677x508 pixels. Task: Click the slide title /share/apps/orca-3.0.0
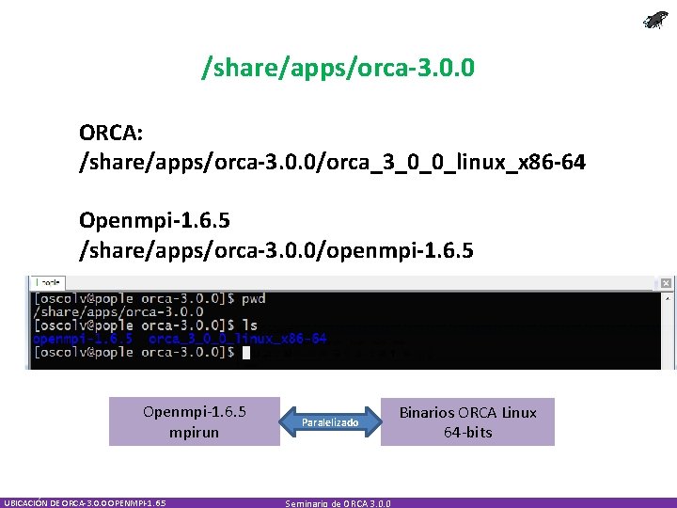click(x=338, y=68)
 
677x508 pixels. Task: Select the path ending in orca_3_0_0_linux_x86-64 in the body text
click(x=332, y=164)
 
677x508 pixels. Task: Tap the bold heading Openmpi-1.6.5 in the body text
click(x=154, y=221)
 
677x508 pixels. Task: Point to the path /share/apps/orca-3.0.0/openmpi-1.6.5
click(x=276, y=251)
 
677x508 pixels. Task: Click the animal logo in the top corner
click(x=654, y=20)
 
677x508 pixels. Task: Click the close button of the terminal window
click(x=666, y=283)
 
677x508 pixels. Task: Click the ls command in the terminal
click(x=249, y=325)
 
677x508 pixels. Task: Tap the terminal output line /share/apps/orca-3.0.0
click(x=118, y=311)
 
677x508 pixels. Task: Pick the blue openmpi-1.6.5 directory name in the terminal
click(x=83, y=339)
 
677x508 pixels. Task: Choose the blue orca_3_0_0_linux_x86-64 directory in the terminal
click(x=237, y=339)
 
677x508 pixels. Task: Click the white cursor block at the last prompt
click(x=245, y=353)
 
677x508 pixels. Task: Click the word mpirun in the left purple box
click(x=194, y=432)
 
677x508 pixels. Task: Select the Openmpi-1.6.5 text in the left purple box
click(x=194, y=412)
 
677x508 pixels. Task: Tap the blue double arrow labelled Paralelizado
click(x=329, y=422)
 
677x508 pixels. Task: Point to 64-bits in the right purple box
click(x=467, y=433)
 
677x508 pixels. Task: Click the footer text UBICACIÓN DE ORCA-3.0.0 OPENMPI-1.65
click(x=85, y=503)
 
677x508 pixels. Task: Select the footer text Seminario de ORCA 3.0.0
click(x=339, y=503)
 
